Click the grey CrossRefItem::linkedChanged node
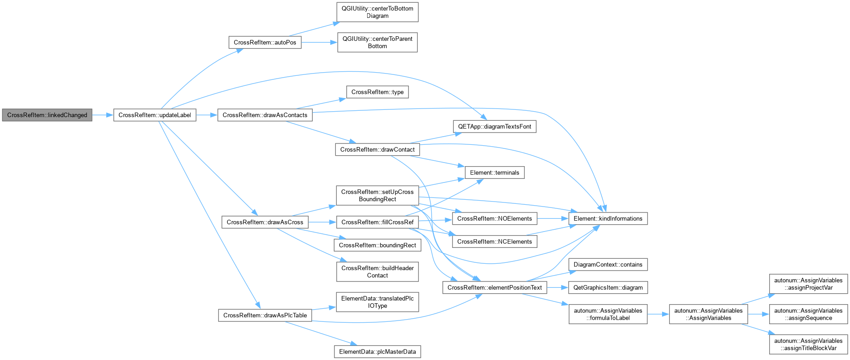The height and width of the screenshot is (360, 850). [x=47, y=115]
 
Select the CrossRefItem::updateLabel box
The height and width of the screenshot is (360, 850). [x=155, y=115]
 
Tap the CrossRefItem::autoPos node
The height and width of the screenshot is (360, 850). [x=265, y=43]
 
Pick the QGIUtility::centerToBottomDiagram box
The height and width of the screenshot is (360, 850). [x=378, y=12]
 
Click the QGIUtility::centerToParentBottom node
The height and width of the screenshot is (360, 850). [x=378, y=42]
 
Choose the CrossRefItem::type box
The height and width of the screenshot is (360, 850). [x=378, y=92]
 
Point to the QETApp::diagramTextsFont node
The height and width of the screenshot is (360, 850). [x=495, y=127]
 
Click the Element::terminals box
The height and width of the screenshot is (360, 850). [x=495, y=173]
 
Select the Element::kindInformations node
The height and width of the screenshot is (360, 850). [x=608, y=219]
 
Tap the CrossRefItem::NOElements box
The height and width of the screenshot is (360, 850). [x=495, y=219]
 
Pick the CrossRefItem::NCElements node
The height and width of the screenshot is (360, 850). [x=495, y=242]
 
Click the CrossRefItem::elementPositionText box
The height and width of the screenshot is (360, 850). [x=495, y=288]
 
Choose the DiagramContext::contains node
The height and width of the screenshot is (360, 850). [x=608, y=265]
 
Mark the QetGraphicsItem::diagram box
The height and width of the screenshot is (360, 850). [x=608, y=288]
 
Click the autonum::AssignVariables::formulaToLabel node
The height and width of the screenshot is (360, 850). [x=608, y=314]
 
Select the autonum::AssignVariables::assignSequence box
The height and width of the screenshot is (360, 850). [x=808, y=314]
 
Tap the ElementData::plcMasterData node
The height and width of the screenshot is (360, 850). [x=378, y=352]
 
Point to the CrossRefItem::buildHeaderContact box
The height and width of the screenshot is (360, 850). [x=378, y=272]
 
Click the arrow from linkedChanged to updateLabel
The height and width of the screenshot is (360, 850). [x=103, y=115]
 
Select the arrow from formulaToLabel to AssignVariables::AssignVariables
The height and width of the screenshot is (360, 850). [x=658, y=314]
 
